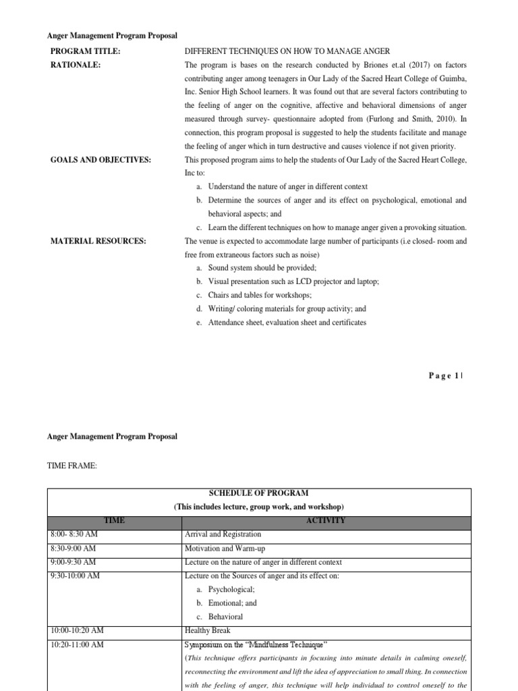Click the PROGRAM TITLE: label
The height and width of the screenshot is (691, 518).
coord(85,51)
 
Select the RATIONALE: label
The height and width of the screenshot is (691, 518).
coord(76,65)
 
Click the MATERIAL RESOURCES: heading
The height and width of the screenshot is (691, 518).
coord(98,241)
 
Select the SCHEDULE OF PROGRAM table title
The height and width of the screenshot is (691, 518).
coord(259,493)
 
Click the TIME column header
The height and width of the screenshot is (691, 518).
coord(115,520)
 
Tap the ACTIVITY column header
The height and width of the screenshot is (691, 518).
coord(326,520)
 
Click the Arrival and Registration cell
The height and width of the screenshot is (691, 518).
coord(223,534)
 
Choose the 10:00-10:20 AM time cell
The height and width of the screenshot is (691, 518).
coord(77,631)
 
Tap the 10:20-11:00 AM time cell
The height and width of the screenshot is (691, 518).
coord(77,645)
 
